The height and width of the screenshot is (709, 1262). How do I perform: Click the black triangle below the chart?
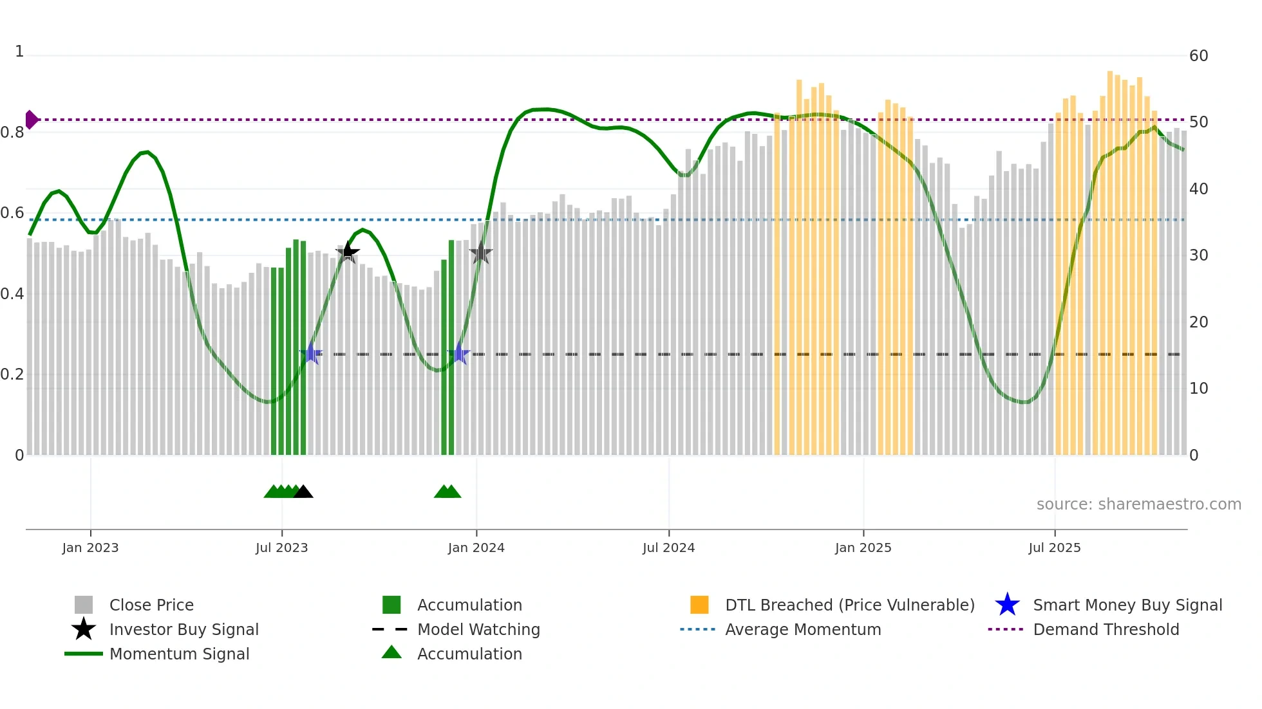coord(303,492)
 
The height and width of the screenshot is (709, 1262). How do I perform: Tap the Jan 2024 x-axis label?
coord(476,548)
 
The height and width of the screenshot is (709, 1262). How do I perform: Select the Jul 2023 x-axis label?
coord(281,548)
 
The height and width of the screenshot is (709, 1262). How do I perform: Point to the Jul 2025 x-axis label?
coord(1054,548)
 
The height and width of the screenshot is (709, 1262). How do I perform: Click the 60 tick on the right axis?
coord(1198,56)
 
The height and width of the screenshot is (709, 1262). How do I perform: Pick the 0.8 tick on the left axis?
coord(12,133)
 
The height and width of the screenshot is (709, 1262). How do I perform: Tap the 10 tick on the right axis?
coord(1198,389)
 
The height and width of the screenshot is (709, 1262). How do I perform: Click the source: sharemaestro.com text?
coord(1138,504)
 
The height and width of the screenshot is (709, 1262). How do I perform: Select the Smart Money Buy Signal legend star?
coord(1007,605)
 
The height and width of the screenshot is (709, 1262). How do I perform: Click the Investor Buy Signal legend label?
coord(184,629)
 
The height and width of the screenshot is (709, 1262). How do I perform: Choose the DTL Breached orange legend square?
coord(699,605)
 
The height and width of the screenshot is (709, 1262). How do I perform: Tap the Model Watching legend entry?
coord(478,629)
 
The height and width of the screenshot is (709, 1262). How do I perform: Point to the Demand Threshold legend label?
coord(1106,629)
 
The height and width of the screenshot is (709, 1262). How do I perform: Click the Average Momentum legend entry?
coord(802,629)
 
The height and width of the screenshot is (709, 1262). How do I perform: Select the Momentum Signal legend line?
coord(84,654)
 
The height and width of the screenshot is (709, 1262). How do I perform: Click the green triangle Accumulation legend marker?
coord(391,653)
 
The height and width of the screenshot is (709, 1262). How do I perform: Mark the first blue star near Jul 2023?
coord(311,353)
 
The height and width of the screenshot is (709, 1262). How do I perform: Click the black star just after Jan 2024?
coord(480,253)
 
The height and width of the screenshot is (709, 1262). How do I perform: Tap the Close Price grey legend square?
coord(84,605)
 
